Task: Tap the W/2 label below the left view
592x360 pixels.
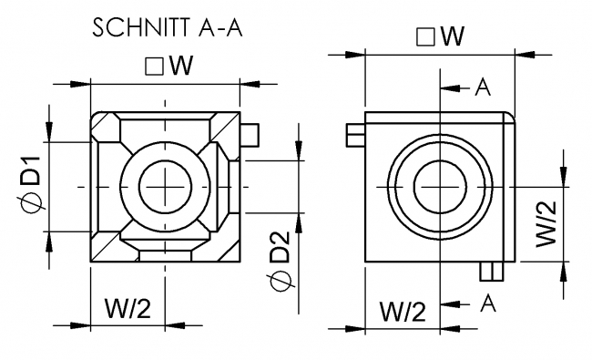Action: click(128, 308)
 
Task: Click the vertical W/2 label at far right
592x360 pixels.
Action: click(546, 223)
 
